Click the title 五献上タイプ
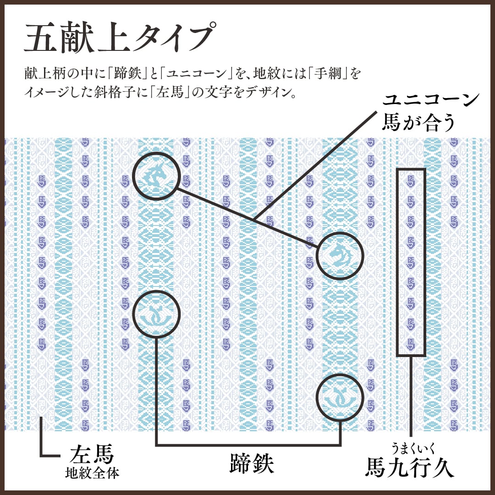(x=118, y=38)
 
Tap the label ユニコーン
(x=431, y=100)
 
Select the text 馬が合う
(x=418, y=123)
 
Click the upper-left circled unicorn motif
(x=156, y=176)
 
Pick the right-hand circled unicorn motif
(x=340, y=255)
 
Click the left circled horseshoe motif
(x=156, y=314)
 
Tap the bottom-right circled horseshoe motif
(x=340, y=397)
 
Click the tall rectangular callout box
(x=411, y=262)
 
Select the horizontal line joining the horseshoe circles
(x=247, y=445)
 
